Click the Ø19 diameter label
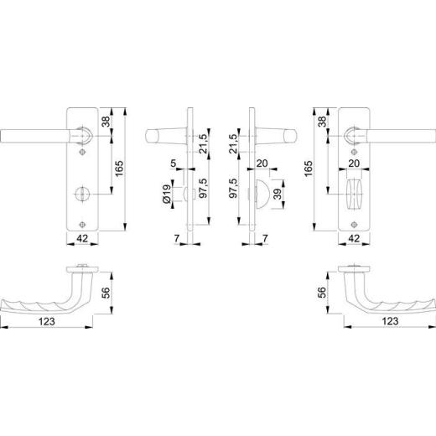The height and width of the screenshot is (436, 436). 167,194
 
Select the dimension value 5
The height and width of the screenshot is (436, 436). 174,163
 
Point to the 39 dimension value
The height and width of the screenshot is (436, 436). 278,194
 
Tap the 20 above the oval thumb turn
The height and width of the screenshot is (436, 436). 354,163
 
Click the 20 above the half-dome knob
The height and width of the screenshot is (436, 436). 262,163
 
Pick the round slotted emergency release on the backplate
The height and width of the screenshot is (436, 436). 82,194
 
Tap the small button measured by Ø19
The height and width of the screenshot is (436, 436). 185,194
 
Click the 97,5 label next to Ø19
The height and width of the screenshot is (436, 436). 204,188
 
